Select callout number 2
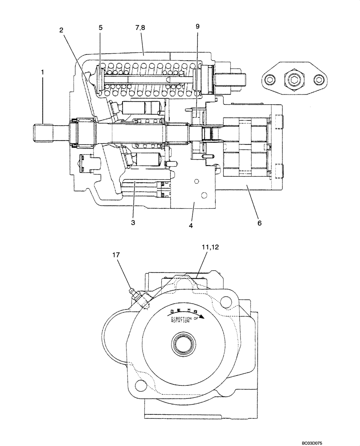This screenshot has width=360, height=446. click(62, 30)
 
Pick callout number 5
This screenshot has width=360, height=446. click(101, 27)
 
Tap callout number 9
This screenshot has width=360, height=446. click(198, 27)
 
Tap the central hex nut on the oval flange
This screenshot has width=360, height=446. click(294, 80)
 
